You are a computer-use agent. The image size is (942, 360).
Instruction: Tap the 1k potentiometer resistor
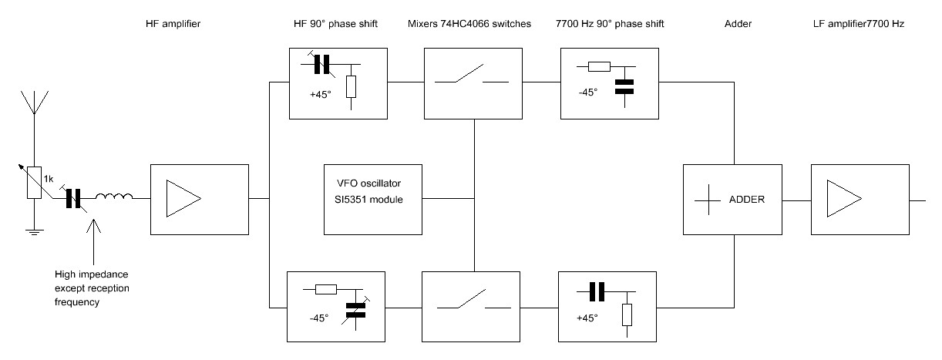33,183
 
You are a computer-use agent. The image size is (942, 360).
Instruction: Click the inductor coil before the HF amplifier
115,199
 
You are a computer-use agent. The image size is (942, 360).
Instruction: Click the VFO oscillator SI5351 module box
373,199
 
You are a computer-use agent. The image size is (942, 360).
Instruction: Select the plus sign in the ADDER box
707,199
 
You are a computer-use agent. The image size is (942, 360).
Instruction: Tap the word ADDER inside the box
746,199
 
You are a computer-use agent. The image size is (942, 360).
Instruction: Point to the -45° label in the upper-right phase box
587,92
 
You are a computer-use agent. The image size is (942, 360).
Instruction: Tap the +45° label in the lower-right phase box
587,316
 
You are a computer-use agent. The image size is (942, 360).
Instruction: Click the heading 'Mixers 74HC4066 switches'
469,25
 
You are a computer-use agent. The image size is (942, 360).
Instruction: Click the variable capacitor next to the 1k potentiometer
74,199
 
